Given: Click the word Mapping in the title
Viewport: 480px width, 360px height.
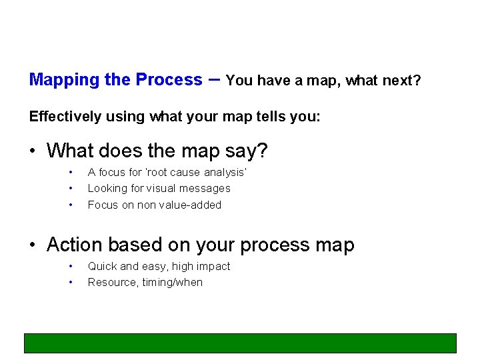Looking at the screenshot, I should [x=63, y=81].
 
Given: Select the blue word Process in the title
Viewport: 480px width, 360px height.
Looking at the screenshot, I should [x=169, y=80].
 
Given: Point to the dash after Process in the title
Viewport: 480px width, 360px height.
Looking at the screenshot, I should [x=214, y=79].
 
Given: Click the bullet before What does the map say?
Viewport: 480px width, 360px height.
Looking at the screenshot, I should [x=33, y=151].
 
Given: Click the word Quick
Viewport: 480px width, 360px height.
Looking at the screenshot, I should [x=102, y=267].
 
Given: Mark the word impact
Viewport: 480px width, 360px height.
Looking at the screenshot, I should [x=213, y=267].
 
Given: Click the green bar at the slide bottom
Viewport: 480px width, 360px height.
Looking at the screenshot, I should [x=240, y=343].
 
